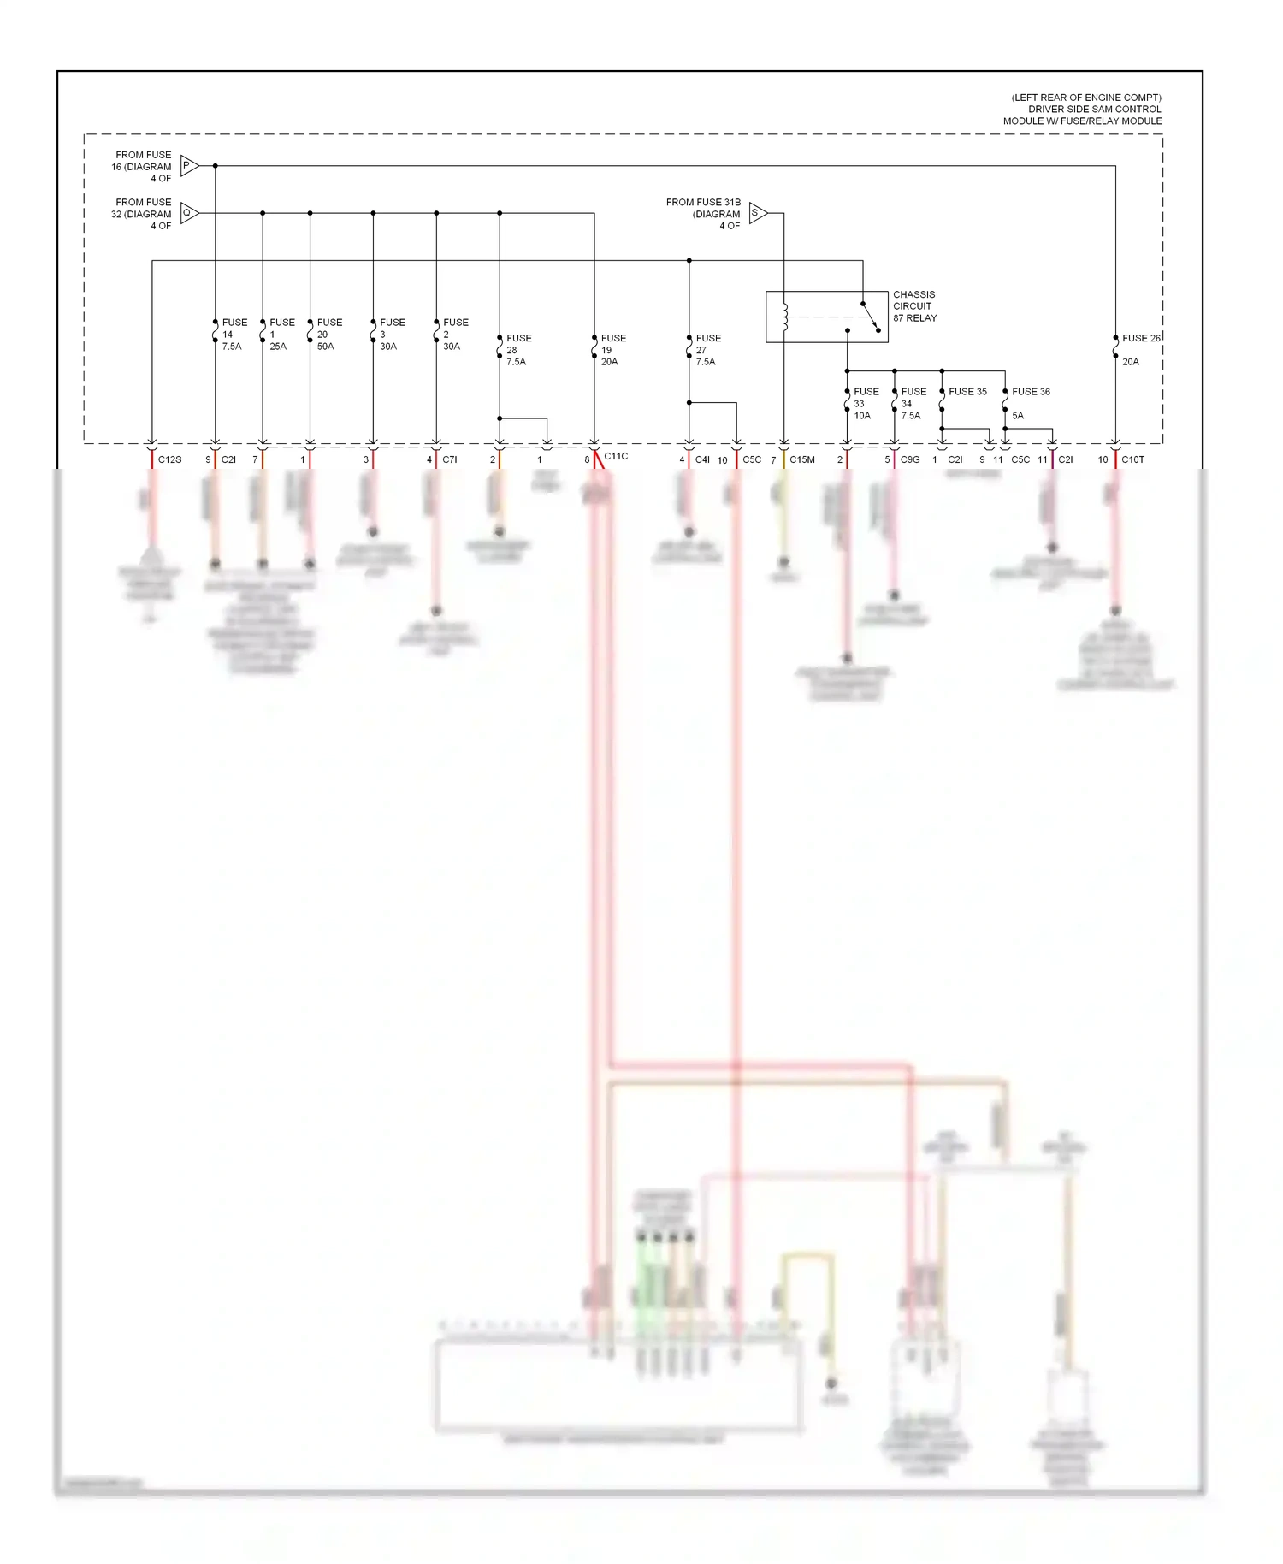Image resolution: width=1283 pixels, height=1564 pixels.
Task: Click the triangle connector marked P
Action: tap(189, 166)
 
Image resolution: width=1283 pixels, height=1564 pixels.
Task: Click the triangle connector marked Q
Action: tap(189, 213)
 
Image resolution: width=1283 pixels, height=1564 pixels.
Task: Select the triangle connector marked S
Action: tap(757, 213)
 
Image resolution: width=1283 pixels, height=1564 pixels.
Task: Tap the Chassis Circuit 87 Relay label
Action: tap(914, 306)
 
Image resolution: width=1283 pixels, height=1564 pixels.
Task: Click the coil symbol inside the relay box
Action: tap(785, 317)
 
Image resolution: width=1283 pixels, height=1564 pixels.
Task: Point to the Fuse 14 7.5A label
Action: tap(233, 335)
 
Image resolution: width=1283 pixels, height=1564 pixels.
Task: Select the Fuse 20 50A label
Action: tap(328, 335)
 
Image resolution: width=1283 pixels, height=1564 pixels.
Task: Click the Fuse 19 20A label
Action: tap(612, 350)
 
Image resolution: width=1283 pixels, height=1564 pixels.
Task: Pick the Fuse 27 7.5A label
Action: tap(707, 350)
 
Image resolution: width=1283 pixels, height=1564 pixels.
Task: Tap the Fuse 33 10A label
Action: tap(865, 403)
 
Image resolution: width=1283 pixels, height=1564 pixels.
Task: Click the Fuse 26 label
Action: tap(1141, 339)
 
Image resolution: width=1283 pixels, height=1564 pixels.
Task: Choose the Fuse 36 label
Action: tap(1031, 392)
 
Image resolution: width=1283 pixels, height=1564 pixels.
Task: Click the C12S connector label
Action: tap(169, 460)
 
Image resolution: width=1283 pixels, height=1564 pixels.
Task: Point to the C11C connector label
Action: tap(616, 457)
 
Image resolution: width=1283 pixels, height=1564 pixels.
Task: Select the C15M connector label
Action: tap(802, 460)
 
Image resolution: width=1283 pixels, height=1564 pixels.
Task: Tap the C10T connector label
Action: tap(1132, 460)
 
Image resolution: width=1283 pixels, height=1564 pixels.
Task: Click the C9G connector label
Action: tap(910, 460)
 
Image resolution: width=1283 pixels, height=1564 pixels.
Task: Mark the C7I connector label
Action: tap(449, 460)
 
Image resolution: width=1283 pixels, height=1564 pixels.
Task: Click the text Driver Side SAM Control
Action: tap(1094, 110)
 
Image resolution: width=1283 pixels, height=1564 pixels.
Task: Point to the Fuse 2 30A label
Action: tap(454, 335)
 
